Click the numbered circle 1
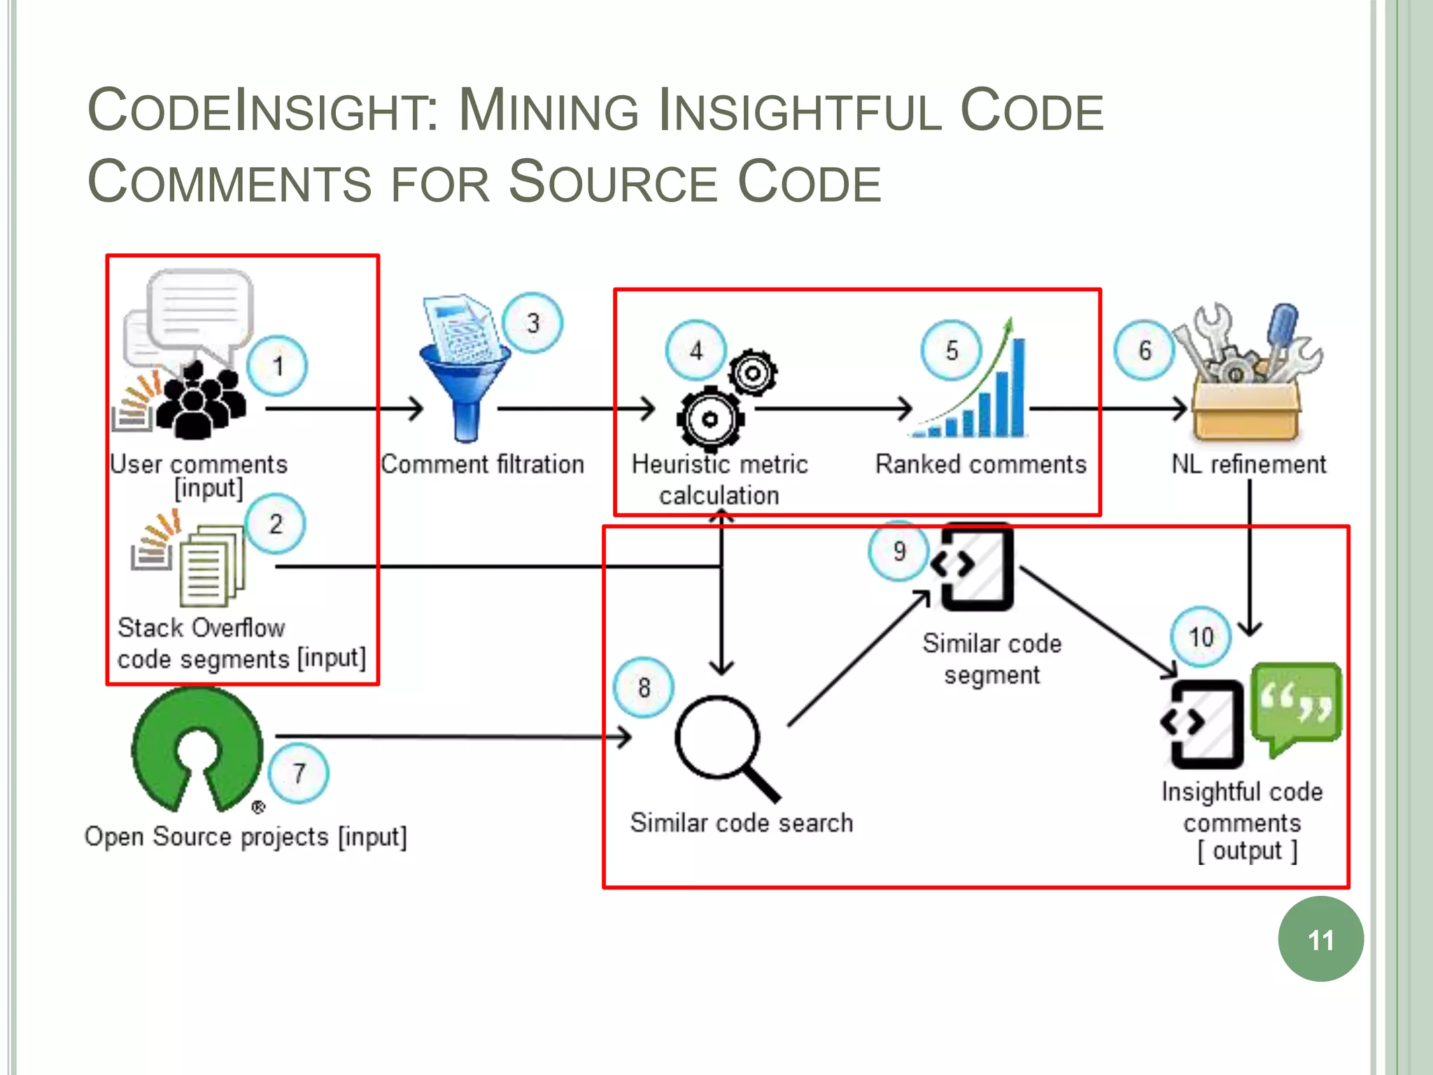pyautogui.click(x=277, y=365)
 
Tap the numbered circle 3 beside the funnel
pyautogui.click(x=532, y=323)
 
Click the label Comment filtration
pyautogui.click(x=482, y=464)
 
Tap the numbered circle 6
pyautogui.click(x=1144, y=350)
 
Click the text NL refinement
pyautogui.click(x=1248, y=464)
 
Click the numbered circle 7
pyautogui.click(x=299, y=773)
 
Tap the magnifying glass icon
pyautogui.click(x=724, y=745)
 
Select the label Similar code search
pyautogui.click(x=741, y=822)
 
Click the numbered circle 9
pyautogui.click(x=898, y=551)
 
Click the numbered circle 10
pyautogui.click(x=1201, y=636)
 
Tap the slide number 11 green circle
pyautogui.click(x=1320, y=939)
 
